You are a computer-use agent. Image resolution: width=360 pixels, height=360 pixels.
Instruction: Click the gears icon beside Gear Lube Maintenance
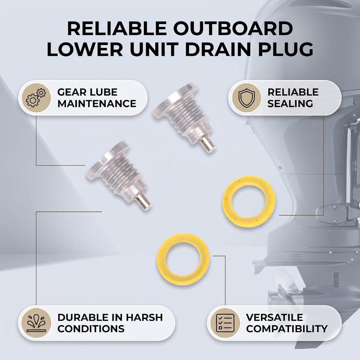35,98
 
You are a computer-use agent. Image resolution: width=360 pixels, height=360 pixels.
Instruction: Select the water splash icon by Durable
36,323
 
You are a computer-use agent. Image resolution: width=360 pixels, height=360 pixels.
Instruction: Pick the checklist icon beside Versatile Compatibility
225,323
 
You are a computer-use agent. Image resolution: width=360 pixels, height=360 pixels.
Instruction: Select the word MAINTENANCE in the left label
96,104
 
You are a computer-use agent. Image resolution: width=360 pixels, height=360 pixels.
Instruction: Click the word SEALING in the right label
290,104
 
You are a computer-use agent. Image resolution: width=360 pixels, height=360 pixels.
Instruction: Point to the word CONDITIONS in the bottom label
91,329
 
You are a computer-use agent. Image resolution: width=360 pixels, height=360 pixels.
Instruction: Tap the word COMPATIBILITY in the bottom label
287,329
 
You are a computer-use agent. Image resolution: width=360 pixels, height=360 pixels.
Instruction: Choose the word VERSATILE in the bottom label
274,317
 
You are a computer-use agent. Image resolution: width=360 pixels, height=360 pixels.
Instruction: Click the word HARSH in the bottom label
144,317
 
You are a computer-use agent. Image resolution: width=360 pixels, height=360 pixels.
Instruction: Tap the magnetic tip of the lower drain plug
143,202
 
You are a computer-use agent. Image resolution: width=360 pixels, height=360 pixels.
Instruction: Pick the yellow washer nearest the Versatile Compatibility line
183,258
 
